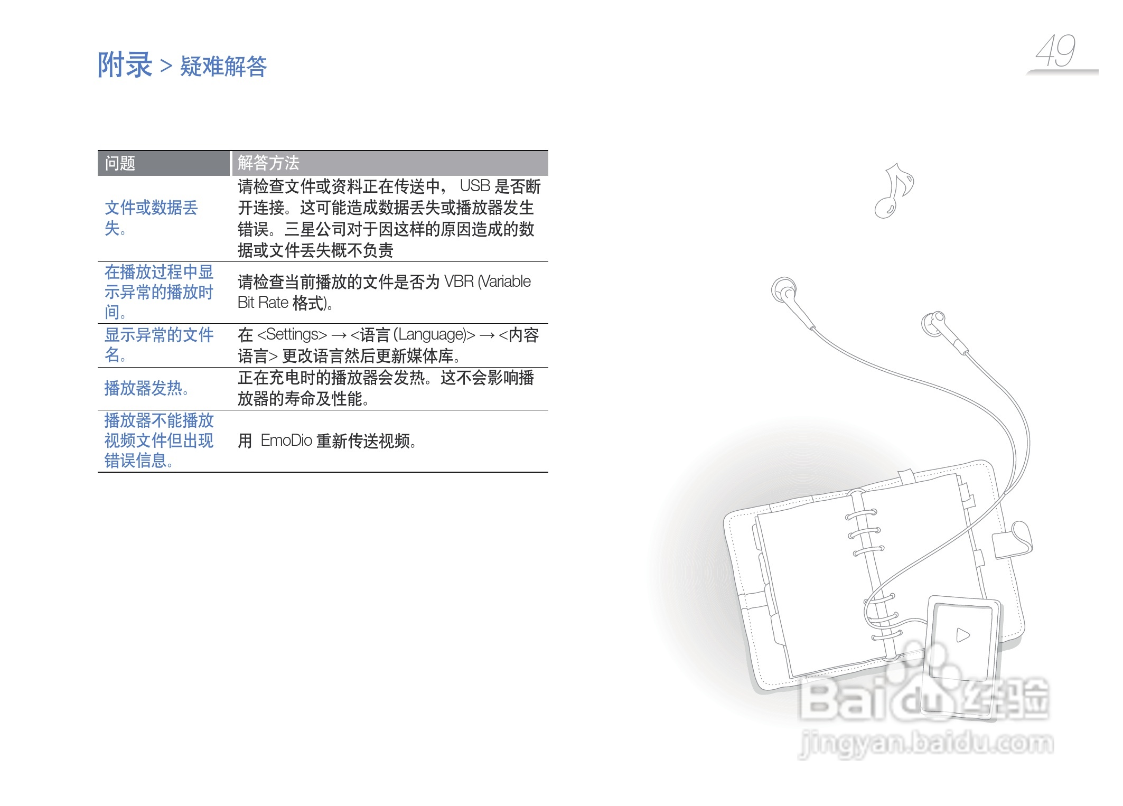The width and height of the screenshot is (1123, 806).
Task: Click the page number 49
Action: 1055,51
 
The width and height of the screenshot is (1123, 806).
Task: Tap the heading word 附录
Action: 125,65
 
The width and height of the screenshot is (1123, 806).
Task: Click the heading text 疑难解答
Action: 223,67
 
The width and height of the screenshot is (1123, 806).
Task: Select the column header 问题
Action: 120,163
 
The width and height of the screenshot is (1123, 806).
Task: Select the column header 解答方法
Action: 268,163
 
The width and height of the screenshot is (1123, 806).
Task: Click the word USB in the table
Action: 475,186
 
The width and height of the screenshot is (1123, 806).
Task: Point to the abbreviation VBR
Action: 458,282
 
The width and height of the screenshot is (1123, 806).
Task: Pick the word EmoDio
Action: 286,441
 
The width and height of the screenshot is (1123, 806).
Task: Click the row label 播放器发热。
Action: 146,388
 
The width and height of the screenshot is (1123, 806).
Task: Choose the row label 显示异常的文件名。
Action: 158,344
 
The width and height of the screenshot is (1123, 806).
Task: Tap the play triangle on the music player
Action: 963,634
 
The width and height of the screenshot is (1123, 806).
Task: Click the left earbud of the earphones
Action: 784,290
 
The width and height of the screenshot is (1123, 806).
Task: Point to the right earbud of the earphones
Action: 933,323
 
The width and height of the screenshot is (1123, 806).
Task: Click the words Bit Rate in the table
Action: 263,303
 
